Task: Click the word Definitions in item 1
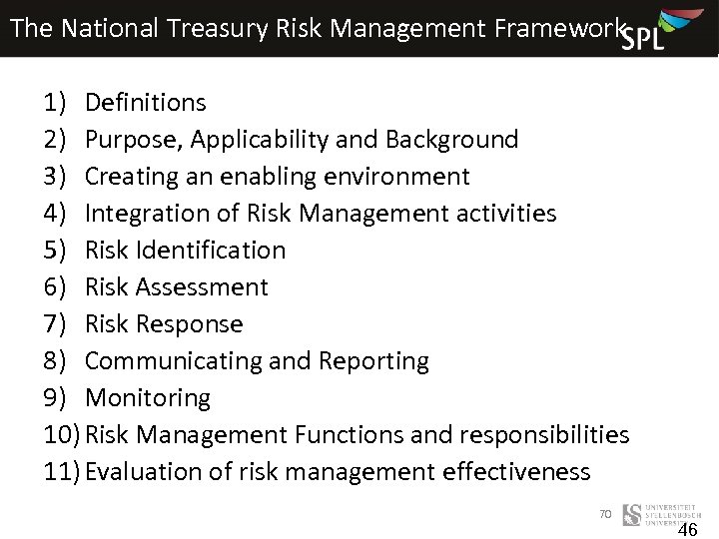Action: click(146, 103)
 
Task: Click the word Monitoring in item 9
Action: click(148, 398)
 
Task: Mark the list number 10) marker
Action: click(63, 435)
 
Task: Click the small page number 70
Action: click(604, 513)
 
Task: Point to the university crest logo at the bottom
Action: click(631, 515)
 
